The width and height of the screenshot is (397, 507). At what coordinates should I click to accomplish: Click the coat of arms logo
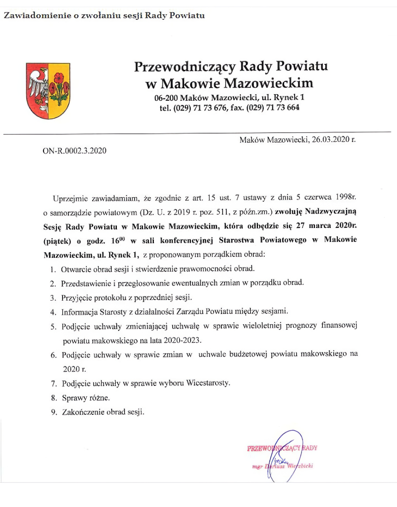(48, 91)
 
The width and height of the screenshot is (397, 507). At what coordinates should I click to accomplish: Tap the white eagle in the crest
(39, 85)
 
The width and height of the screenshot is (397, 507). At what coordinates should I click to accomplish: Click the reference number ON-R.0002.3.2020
(74, 151)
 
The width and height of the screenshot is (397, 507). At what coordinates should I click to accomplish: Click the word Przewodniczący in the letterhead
(185, 67)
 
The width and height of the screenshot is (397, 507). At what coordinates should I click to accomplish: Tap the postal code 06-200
(166, 98)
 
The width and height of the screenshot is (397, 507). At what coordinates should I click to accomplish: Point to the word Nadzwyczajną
(331, 211)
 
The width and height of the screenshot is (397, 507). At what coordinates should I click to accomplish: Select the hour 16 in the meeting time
(115, 241)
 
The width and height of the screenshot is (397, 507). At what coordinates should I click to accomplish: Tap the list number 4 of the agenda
(53, 312)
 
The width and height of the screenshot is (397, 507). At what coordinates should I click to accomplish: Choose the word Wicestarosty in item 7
(208, 383)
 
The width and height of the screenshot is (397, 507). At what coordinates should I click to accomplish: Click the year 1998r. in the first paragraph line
(346, 197)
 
